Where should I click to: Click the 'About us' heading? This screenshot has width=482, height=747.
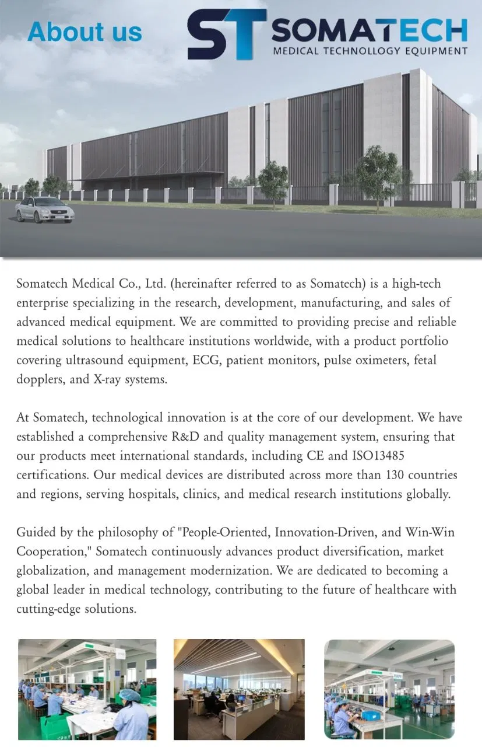click(85, 32)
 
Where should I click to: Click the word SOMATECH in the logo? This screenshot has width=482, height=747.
click(370, 29)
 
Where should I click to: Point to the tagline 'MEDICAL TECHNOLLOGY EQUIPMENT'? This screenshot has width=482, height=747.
click(370, 51)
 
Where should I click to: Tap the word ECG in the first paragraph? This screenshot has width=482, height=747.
click(207, 360)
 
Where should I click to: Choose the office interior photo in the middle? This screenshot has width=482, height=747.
click(239, 689)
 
